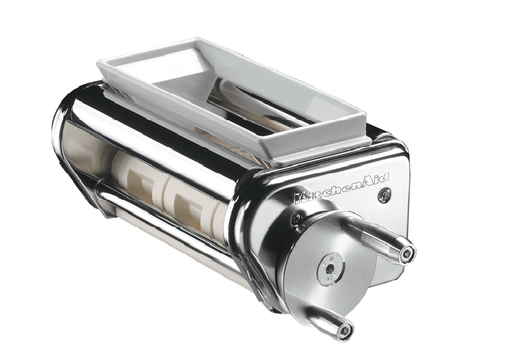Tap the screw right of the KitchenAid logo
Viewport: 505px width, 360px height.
point(384,196)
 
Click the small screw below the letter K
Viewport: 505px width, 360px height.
point(296,219)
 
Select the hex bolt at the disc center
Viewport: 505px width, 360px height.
point(330,268)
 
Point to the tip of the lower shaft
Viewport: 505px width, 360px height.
point(345,330)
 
